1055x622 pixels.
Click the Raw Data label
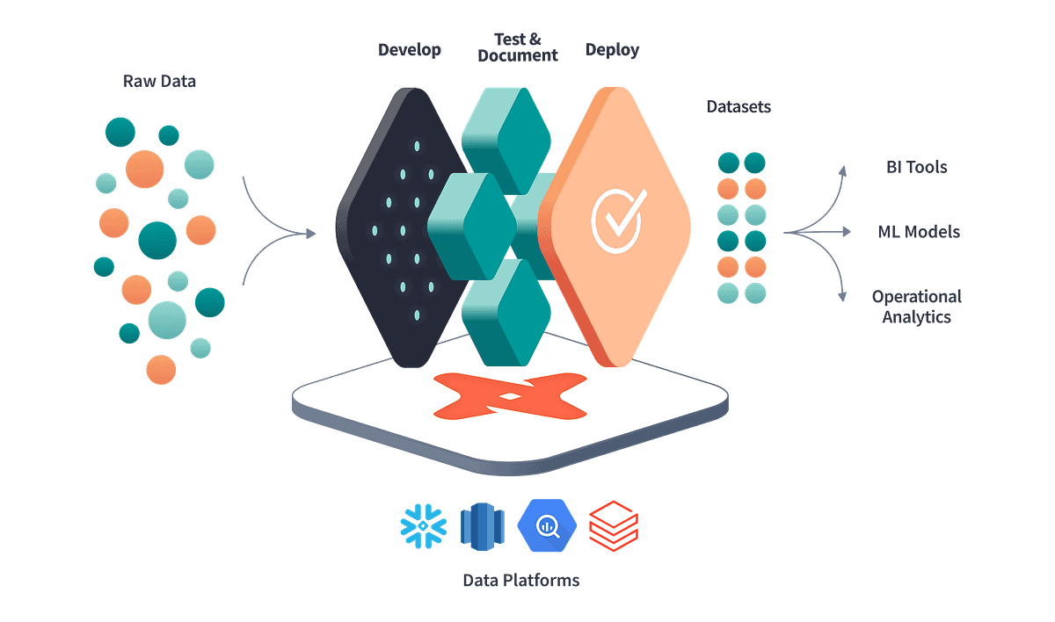(159, 82)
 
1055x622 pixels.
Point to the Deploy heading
(613, 49)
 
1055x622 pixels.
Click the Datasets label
(738, 107)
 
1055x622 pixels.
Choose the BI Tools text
(916, 167)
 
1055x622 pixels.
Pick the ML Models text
(919, 232)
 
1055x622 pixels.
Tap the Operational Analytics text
(917, 307)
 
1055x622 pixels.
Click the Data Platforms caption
(521, 580)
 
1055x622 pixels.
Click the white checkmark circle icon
(618, 218)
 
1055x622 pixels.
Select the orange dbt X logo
(510, 395)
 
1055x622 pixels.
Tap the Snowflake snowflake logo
(423, 525)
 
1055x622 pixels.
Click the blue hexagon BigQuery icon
(548, 525)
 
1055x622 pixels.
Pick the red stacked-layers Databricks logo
(613, 524)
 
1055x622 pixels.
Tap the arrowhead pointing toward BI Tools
(844, 170)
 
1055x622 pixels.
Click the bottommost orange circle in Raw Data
(160, 369)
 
